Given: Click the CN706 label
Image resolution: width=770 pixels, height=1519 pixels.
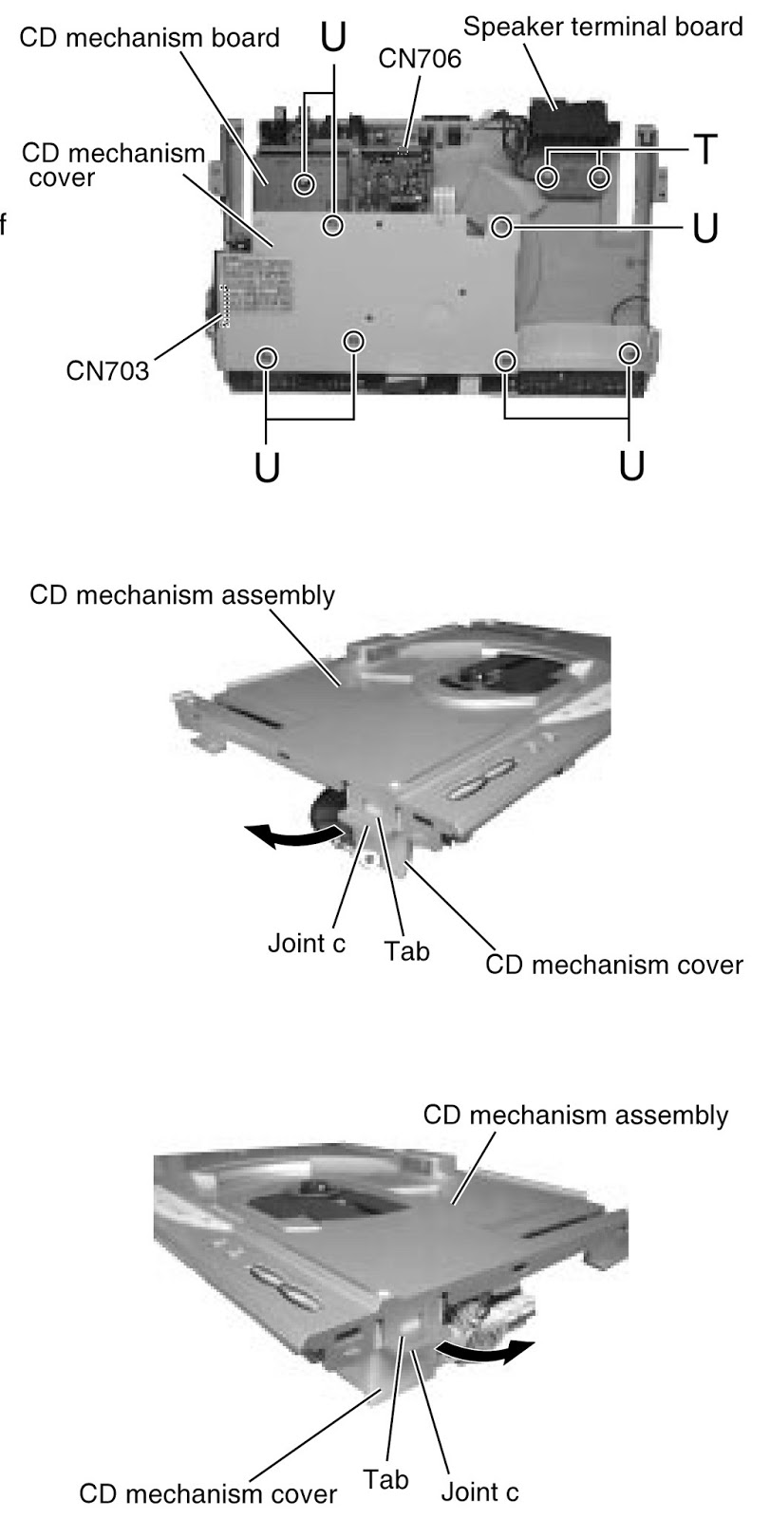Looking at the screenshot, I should coord(419,60).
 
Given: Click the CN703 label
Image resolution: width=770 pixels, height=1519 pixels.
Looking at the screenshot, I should coord(107,371).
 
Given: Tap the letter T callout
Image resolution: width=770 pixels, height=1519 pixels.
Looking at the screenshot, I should coord(704,150).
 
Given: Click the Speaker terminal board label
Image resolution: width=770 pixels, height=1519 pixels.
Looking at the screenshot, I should coord(603,27).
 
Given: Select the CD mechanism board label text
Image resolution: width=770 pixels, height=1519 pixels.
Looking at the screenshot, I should coord(149,38).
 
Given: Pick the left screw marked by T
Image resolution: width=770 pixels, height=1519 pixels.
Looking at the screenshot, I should coord(548,178).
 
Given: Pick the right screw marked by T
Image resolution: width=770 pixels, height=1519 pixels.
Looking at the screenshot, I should coord(599,178).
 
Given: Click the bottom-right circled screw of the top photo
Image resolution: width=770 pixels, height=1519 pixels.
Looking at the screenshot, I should coord(628,353).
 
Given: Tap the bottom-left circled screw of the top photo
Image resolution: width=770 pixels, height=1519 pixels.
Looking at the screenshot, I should coord(267,357).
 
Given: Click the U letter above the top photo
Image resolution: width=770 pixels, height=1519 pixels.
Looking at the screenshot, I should coord(333,38).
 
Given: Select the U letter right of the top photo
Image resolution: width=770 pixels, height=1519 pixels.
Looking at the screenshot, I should coord(704,228).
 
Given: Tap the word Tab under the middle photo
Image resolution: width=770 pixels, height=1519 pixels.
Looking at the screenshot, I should coord(406,950).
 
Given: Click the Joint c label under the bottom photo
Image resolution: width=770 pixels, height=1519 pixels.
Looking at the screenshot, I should coord(479,1491).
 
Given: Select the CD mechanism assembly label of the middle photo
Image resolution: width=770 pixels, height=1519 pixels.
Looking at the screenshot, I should coord(182,595).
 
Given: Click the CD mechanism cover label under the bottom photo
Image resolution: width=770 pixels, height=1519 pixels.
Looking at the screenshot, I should coord(207,1494).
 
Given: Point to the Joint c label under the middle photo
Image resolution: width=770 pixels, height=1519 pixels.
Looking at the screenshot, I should coord(306,945).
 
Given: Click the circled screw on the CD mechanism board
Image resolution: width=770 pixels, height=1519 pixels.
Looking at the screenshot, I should coord(304,184).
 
